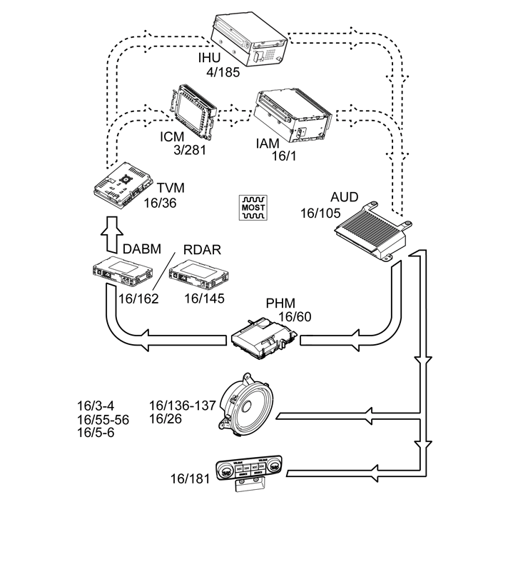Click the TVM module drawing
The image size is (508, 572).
pyautogui.click(x=123, y=184)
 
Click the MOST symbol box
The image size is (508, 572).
pyautogui.click(x=253, y=206)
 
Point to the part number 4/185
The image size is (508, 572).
pyautogui.click(x=222, y=72)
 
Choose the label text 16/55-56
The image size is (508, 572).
pyautogui.click(x=103, y=419)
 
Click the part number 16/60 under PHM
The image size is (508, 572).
pyautogui.click(x=295, y=316)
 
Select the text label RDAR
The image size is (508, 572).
pyautogui.click(x=203, y=249)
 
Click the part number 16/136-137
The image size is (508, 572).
pyautogui.click(x=183, y=406)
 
